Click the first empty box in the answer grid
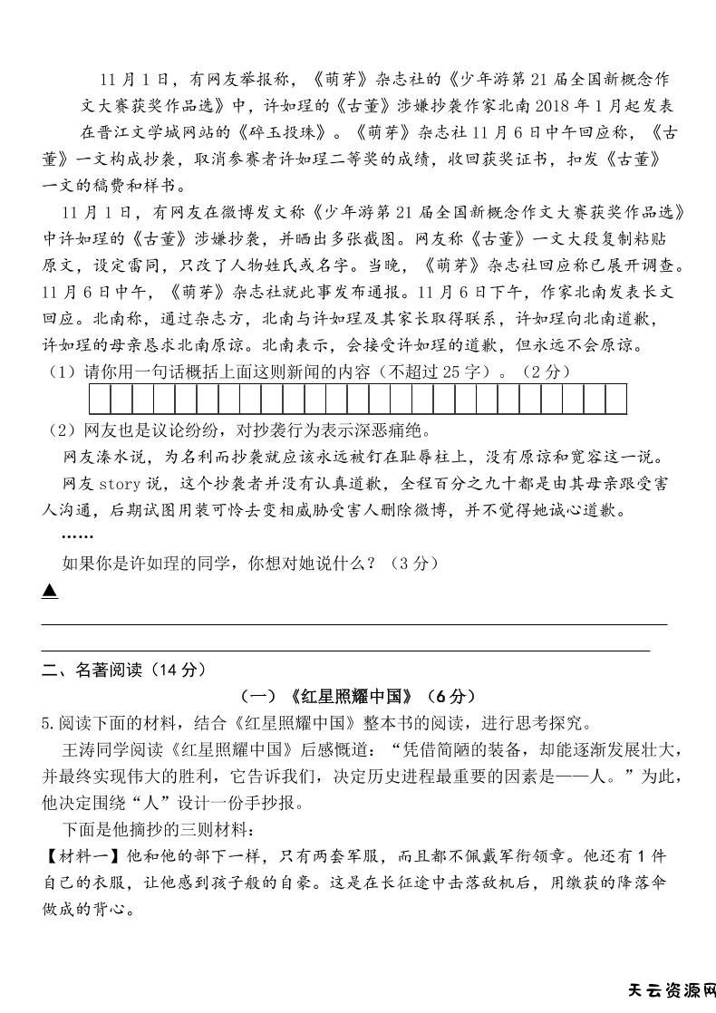tap(100, 399)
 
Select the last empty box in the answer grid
tap(616, 399)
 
